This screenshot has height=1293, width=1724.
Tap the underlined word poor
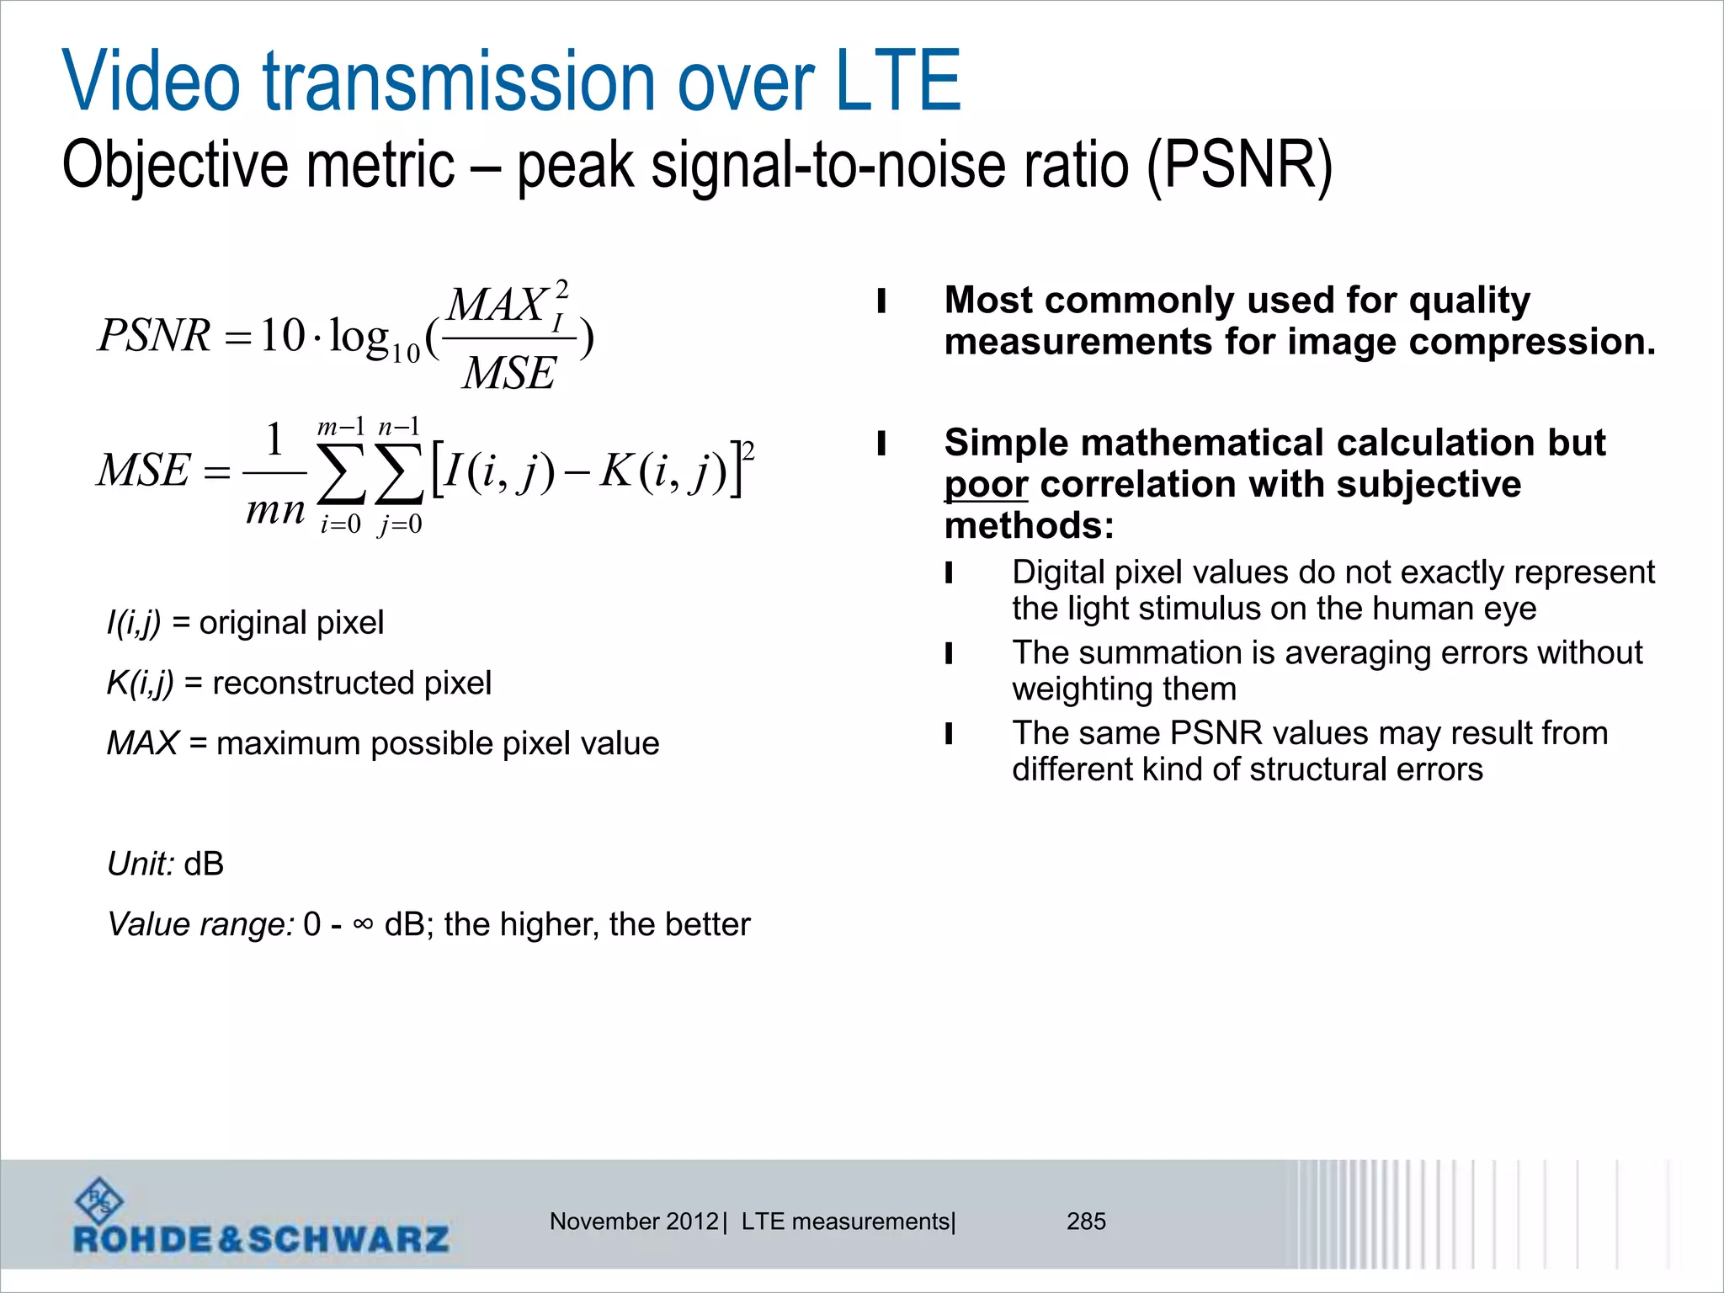pyautogui.click(x=986, y=485)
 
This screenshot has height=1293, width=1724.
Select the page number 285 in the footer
pyautogui.click(x=1086, y=1221)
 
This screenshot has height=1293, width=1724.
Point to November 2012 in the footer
pyautogui.click(x=634, y=1221)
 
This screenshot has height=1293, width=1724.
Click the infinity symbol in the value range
pyautogui.click(x=363, y=923)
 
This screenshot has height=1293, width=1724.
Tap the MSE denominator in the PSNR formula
pyautogui.click(x=509, y=373)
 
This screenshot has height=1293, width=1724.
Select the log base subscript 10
pyautogui.click(x=405, y=353)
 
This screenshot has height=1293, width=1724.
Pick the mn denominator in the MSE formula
pyautogui.click(x=275, y=510)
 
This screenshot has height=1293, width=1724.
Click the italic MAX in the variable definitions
pyautogui.click(x=142, y=743)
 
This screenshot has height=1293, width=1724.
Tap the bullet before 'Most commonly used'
pyautogui.click(x=881, y=301)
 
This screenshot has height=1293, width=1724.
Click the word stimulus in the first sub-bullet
pyautogui.click(x=1198, y=608)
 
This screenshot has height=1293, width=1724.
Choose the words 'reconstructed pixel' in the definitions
pyautogui.click(x=352, y=683)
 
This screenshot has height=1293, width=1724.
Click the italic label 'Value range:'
pyautogui.click(x=200, y=924)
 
